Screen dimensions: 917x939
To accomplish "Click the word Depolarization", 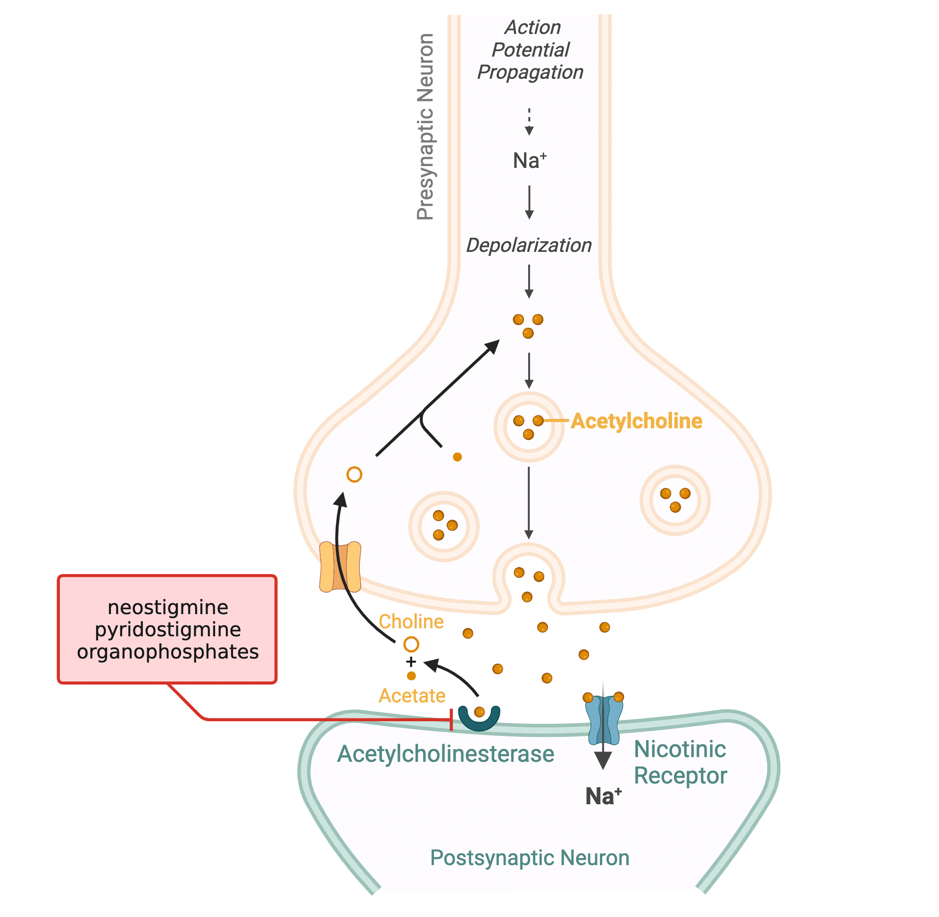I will click(528, 245).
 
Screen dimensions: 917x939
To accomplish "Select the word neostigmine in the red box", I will click(167, 607).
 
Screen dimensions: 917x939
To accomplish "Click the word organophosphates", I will click(167, 651).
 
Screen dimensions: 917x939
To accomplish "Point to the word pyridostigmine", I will click(167, 629).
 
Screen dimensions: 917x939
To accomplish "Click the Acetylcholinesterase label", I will click(445, 754).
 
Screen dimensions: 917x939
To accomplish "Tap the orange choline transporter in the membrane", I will click(340, 567).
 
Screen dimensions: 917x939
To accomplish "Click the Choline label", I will click(411, 621).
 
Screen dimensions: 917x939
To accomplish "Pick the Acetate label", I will click(412, 695).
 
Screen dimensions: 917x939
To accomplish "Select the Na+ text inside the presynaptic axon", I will click(529, 160).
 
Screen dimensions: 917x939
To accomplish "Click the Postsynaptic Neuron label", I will click(529, 858).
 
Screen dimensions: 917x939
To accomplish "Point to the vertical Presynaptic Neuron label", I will click(425, 127).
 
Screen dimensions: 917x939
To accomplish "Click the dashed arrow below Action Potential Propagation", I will click(529, 121).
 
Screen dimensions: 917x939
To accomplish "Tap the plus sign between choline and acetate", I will click(411, 661).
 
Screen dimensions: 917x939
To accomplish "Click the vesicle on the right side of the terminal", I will click(674, 500).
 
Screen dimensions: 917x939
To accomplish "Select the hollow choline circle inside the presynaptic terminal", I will click(354, 475).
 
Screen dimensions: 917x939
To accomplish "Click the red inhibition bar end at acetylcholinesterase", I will click(451, 719).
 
